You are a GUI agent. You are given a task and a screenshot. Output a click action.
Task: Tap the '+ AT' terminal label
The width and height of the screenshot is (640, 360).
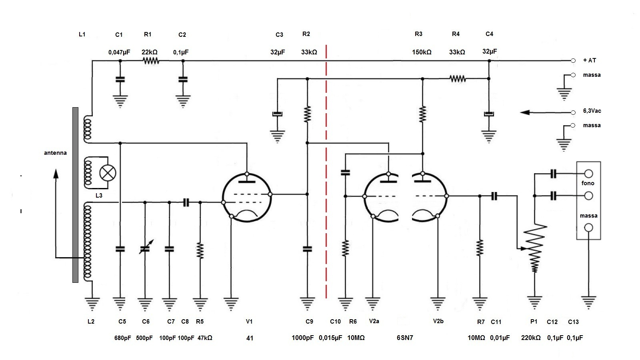click(x=590, y=60)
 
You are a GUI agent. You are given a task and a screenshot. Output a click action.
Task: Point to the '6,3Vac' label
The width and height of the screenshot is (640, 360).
click(x=592, y=111)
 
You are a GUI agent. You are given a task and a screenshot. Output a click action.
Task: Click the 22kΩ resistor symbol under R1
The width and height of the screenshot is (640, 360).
click(x=151, y=61)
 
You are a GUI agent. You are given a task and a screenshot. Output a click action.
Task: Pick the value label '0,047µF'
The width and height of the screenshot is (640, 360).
click(x=119, y=52)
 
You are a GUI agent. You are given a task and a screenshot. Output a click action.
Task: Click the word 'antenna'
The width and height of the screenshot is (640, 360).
click(x=55, y=153)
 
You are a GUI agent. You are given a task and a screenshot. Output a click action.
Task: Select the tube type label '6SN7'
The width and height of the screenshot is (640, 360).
click(x=404, y=338)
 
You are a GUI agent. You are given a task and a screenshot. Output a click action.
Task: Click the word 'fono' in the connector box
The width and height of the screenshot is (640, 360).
click(x=588, y=183)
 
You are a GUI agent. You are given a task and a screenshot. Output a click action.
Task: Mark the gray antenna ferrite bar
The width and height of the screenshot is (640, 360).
click(x=75, y=195)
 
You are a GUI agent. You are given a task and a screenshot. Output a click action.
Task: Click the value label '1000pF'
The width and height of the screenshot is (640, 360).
click(x=302, y=338)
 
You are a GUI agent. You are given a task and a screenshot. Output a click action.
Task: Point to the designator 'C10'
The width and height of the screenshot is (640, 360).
click(x=335, y=322)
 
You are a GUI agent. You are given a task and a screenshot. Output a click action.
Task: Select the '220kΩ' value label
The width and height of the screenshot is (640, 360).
click(x=530, y=338)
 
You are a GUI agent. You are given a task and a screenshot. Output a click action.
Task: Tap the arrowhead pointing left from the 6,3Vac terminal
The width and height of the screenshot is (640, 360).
click(x=525, y=112)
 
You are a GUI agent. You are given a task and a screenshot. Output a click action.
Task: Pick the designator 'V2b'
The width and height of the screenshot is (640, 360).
click(x=438, y=321)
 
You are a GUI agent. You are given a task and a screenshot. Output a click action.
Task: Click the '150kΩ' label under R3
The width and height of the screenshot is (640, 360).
click(x=422, y=52)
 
